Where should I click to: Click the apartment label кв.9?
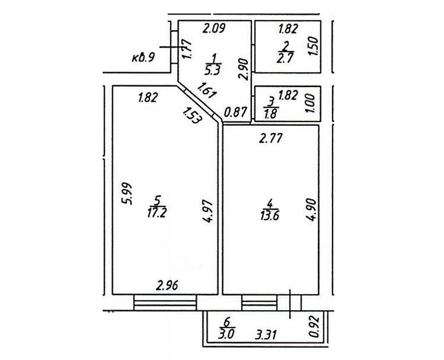(x=143, y=57)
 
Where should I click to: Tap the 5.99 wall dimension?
(x=127, y=194)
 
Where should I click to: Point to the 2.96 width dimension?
(x=167, y=286)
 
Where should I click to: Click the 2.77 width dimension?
(x=271, y=139)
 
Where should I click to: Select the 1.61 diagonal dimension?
(x=207, y=93)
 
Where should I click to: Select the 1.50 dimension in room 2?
(x=313, y=46)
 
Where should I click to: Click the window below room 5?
(x=165, y=302)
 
